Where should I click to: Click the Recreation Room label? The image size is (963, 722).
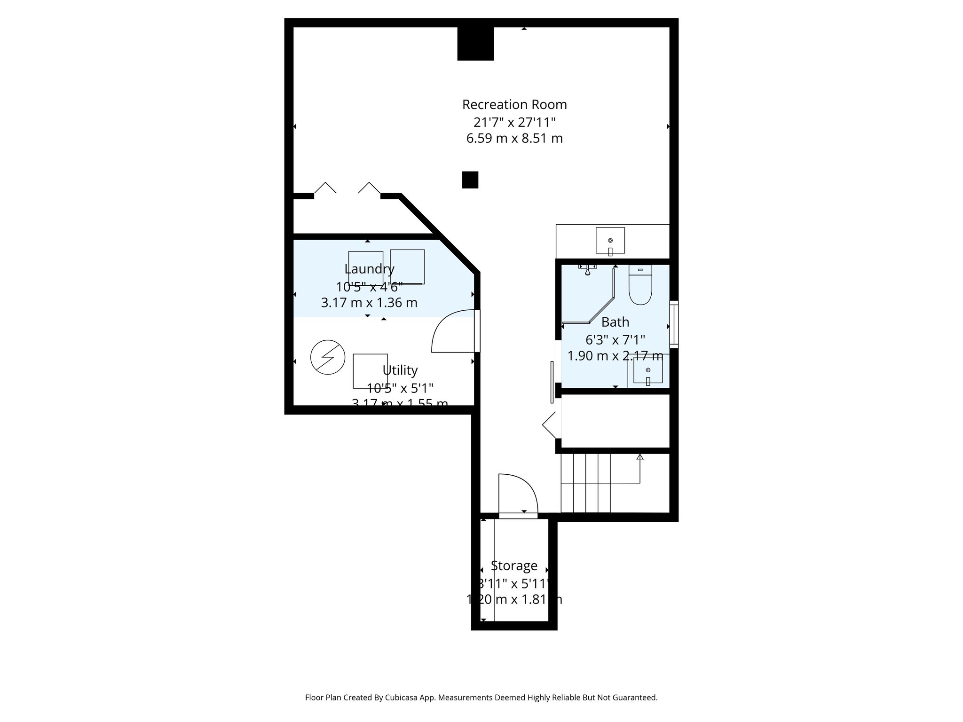click(514, 104)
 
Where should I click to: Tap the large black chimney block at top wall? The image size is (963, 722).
click(475, 44)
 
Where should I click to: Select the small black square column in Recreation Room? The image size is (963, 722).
click(470, 180)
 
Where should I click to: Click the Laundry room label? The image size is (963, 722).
click(369, 269)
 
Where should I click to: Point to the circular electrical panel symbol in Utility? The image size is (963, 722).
click(328, 357)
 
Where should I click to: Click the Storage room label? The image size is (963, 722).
click(514, 565)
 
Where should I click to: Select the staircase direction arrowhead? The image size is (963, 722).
click(639, 456)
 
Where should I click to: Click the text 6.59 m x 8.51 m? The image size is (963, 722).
click(514, 139)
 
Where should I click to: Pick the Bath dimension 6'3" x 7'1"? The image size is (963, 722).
click(615, 339)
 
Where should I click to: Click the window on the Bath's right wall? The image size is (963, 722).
click(674, 324)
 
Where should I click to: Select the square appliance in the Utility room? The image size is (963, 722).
click(370, 371)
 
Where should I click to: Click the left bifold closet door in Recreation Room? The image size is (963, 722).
click(325, 188)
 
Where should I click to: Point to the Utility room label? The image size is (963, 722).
click(400, 370)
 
